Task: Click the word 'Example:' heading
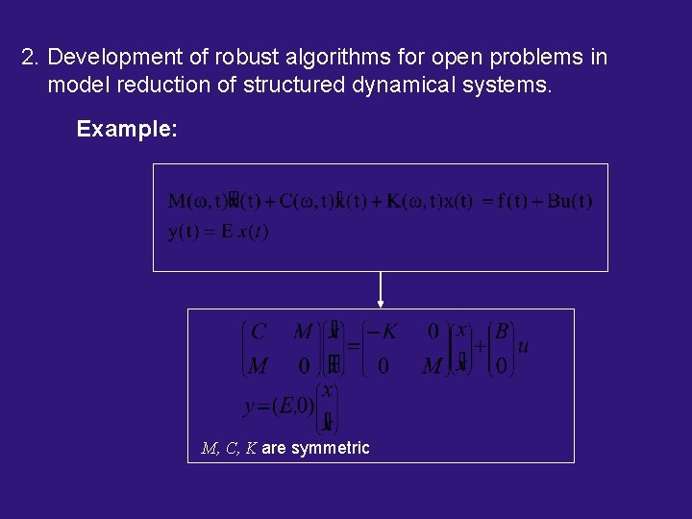[x=126, y=129]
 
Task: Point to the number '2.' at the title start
[x=31, y=58]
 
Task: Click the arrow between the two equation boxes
[x=381, y=289]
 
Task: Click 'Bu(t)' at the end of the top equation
[x=570, y=201]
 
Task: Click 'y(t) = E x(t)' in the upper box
[x=218, y=232]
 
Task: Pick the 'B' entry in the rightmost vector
[x=501, y=332]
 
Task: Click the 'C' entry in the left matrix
[x=258, y=332]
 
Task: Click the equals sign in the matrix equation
[x=352, y=347]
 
